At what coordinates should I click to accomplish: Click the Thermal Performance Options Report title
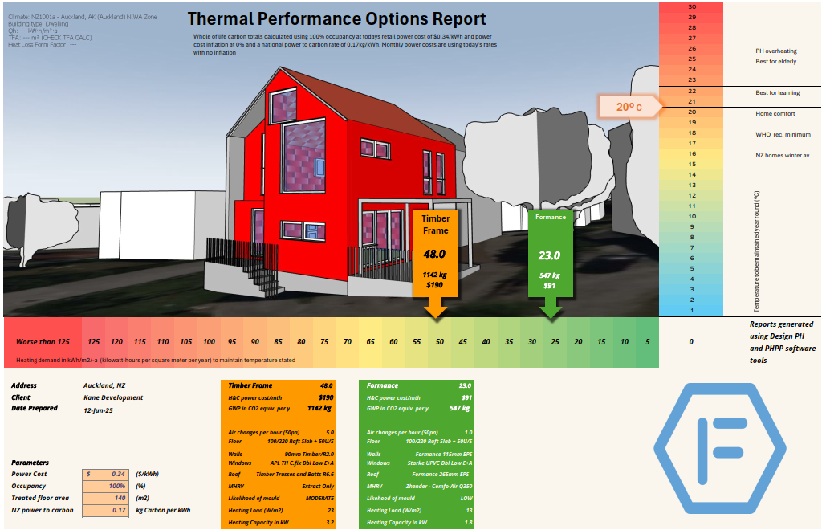(336, 19)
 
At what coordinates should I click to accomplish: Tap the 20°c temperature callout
(629, 106)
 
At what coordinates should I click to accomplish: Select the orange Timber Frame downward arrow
(436, 309)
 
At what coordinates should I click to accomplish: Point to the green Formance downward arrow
(551, 309)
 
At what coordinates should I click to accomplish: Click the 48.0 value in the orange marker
(435, 254)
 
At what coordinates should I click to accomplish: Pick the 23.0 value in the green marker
(550, 256)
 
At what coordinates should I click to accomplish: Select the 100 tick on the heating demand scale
(209, 342)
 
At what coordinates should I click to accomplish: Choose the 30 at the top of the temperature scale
(691, 6)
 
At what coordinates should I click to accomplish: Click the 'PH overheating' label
(775, 51)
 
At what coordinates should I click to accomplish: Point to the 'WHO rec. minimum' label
(783, 134)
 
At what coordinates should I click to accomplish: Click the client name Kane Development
(113, 397)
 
